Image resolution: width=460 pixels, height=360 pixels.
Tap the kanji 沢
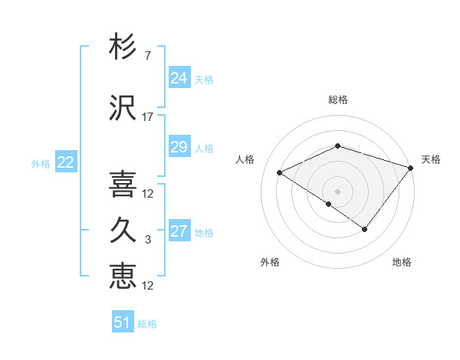coord(123,107)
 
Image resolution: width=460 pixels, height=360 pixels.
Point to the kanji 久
coord(123,231)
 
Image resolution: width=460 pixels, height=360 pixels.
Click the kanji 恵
coord(123,276)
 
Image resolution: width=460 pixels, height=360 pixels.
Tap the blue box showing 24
coord(179,77)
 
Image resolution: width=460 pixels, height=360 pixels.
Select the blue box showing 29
coord(179,147)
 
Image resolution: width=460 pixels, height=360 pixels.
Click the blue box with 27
coord(179,231)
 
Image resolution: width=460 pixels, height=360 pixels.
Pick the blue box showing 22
coord(65,162)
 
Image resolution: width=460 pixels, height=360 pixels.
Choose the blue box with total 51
coord(123,322)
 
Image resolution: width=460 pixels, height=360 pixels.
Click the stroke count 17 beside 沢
coord(148,117)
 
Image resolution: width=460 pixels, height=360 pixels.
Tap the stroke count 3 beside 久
coord(147,241)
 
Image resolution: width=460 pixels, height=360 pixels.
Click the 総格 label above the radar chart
coord(337,100)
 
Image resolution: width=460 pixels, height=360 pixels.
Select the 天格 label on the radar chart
coord(431,159)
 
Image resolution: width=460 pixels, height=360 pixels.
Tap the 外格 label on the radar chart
coord(270,262)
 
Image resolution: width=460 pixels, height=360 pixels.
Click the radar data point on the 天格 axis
coord(411,167)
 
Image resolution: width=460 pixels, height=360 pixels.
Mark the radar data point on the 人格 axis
coord(280,172)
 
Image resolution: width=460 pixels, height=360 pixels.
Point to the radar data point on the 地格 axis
coord(365,229)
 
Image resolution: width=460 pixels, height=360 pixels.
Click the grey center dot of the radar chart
coord(337,191)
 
